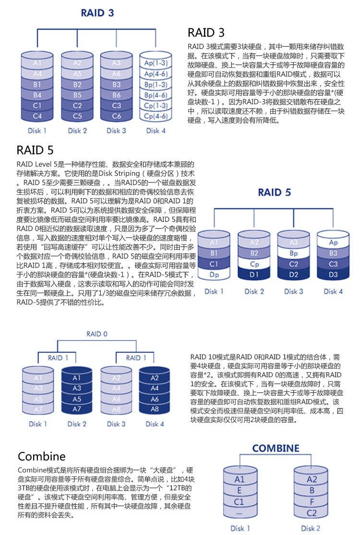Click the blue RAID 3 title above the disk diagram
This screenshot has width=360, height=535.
click(x=97, y=13)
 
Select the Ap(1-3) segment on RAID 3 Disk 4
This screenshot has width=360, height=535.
click(x=156, y=63)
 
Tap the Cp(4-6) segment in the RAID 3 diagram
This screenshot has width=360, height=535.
click(x=156, y=116)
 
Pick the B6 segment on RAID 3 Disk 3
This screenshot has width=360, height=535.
click(x=117, y=95)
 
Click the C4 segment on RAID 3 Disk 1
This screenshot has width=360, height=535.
click(x=37, y=116)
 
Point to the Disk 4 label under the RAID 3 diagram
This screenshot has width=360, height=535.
click(x=156, y=131)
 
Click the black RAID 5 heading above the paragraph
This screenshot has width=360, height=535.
click(x=35, y=150)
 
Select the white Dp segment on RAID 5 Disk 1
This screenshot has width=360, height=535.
click(x=214, y=275)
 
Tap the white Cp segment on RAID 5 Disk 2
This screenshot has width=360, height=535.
click(x=254, y=264)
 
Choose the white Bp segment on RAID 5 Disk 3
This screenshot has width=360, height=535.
click(x=294, y=253)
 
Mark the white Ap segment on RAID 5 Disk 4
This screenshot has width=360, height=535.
click(x=333, y=243)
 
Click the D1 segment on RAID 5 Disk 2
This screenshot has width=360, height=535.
click(x=254, y=275)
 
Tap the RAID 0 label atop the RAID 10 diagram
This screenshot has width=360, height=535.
click(x=97, y=334)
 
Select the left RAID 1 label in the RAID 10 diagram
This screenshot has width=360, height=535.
click(x=58, y=358)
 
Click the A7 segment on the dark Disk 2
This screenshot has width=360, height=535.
click(x=77, y=409)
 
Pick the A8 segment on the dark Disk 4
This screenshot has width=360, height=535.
click(x=155, y=409)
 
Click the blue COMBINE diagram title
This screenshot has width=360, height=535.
click(x=276, y=449)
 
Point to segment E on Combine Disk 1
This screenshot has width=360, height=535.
click(x=240, y=491)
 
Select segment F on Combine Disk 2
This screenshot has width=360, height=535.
click(x=312, y=502)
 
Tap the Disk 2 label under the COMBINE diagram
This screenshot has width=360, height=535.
click(x=311, y=529)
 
